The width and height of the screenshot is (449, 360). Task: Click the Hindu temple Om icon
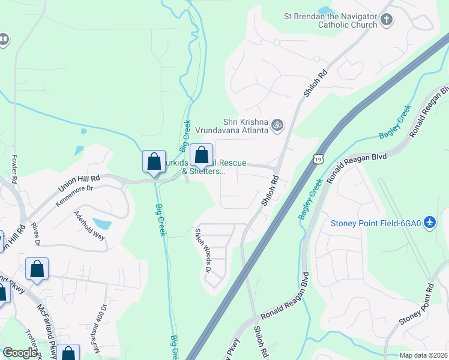tap(277, 125)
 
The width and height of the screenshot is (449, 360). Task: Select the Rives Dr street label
tap(36, 234)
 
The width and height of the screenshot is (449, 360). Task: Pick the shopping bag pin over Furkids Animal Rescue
tap(202, 156)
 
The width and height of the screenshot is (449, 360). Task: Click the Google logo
tap(20, 353)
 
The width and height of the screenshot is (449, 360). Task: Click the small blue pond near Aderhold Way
tap(103, 224)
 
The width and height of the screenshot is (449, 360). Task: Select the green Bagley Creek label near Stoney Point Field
tap(312, 198)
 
